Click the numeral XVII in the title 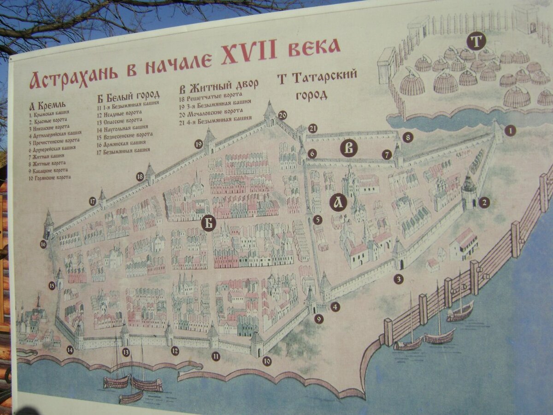point(249,55)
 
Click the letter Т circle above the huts point(476,41)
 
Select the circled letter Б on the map point(209,224)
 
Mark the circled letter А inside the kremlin point(338,202)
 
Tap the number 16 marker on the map point(43,244)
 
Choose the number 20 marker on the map point(282,115)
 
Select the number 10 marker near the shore point(267,361)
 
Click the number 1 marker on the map point(509,130)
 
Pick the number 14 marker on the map point(70,350)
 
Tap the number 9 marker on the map point(319,319)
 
